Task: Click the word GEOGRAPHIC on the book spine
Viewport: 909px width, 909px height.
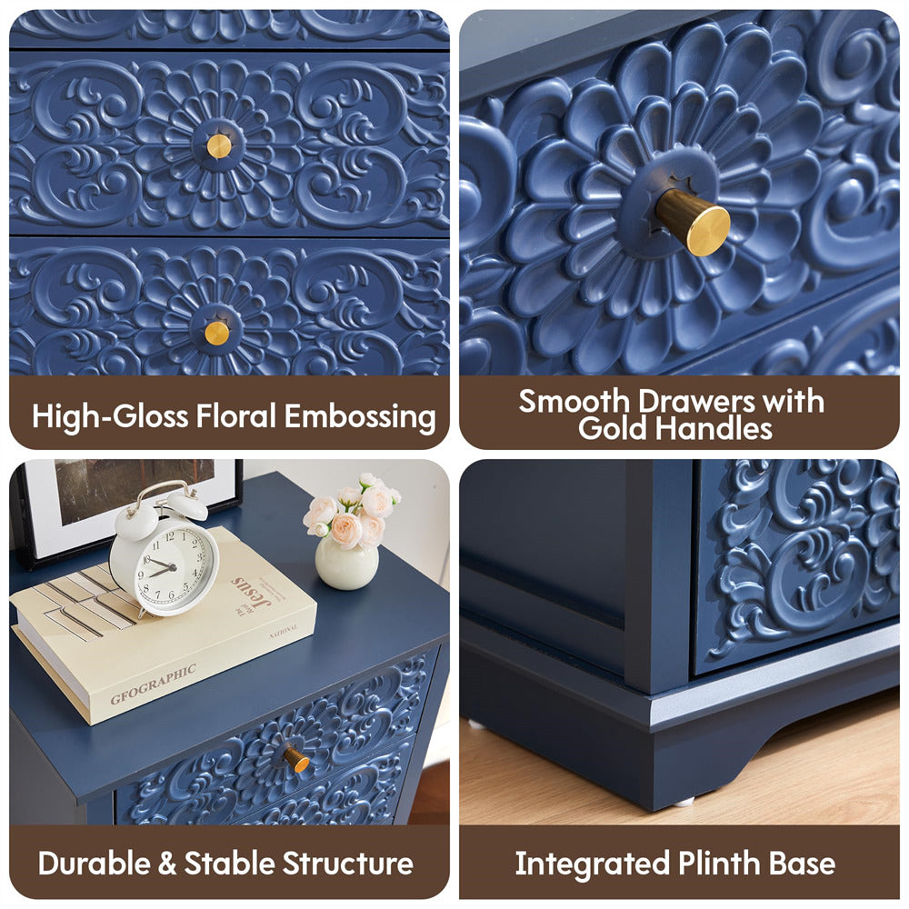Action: coord(153,684)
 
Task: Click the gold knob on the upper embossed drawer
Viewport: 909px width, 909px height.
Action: coord(219,146)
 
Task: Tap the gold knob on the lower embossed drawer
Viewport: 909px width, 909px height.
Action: coord(217,333)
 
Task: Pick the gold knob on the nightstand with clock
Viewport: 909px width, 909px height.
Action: coord(296,759)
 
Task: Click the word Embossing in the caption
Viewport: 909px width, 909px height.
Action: coord(360,417)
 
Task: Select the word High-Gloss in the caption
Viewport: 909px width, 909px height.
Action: coord(110,417)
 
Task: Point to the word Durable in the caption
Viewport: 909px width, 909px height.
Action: coord(95,864)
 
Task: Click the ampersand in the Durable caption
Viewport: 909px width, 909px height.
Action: coord(167,864)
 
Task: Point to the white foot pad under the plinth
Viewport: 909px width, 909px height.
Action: coord(684,802)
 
